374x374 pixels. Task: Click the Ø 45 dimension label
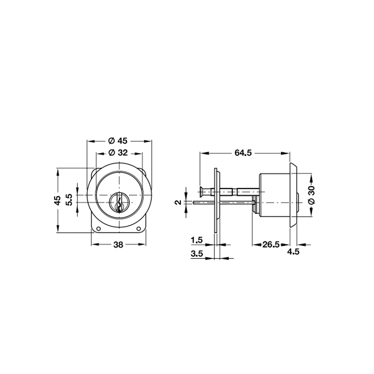pyautogui.click(x=118, y=141)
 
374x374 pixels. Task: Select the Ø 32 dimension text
pyautogui.click(x=118, y=153)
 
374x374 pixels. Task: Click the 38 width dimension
pyautogui.click(x=118, y=245)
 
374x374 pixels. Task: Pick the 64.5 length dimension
pyautogui.click(x=243, y=153)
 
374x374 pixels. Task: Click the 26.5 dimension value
pyautogui.click(x=271, y=245)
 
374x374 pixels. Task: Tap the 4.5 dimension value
pyautogui.click(x=293, y=252)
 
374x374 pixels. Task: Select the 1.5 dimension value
pyautogui.click(x=197, y=240)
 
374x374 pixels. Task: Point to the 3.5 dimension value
pyautogui.click(x=197, y=254)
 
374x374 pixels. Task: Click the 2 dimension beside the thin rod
pyautogui.click(x=178, y=202)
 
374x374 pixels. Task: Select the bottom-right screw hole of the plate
pyautogui.click(x=139, y=229)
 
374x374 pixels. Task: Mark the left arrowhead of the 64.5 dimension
pyautogui.click(x=203, y=153)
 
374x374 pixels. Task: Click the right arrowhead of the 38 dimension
pyautogui.click(x=142, y=245)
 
